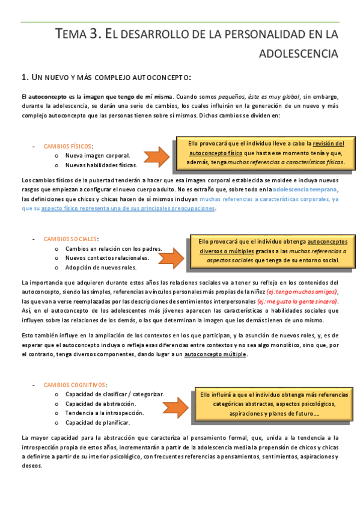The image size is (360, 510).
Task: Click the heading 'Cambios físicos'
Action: pyautogui.click(x=68, y=146)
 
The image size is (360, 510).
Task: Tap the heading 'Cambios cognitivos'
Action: pyautogui.click(x=75, y=384)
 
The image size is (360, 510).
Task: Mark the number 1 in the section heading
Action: pyautogui.click(x=23, y=78)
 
